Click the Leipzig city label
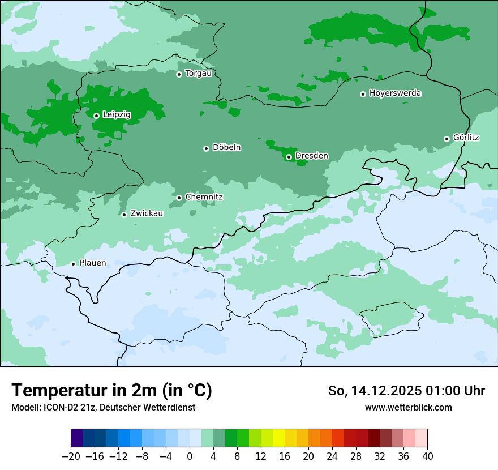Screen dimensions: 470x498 coord(117,115)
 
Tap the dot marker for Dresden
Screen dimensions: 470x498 coord(289,157)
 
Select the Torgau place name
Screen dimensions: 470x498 coord(198,74)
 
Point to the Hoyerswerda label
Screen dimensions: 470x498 coord(395,93)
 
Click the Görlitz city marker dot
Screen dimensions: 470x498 coord(447,139)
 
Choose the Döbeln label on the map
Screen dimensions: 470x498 coord(226,148)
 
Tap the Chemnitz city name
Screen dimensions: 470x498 coord(204,197)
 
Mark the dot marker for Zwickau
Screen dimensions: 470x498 coord(124,215)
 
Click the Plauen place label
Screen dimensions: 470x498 coord(92,263)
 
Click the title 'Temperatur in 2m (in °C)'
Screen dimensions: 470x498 coord(111,391)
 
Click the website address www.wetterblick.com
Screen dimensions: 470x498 coord(408,407)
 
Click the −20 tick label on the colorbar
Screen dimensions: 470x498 coord(71,456)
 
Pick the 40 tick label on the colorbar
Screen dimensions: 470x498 coord(427,456)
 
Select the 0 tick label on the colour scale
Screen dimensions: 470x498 coord(190,456)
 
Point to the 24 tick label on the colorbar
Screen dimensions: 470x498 coord(332,456)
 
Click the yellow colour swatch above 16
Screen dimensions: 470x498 coord(278,438)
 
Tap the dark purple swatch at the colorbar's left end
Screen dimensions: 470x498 coord(77,438)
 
